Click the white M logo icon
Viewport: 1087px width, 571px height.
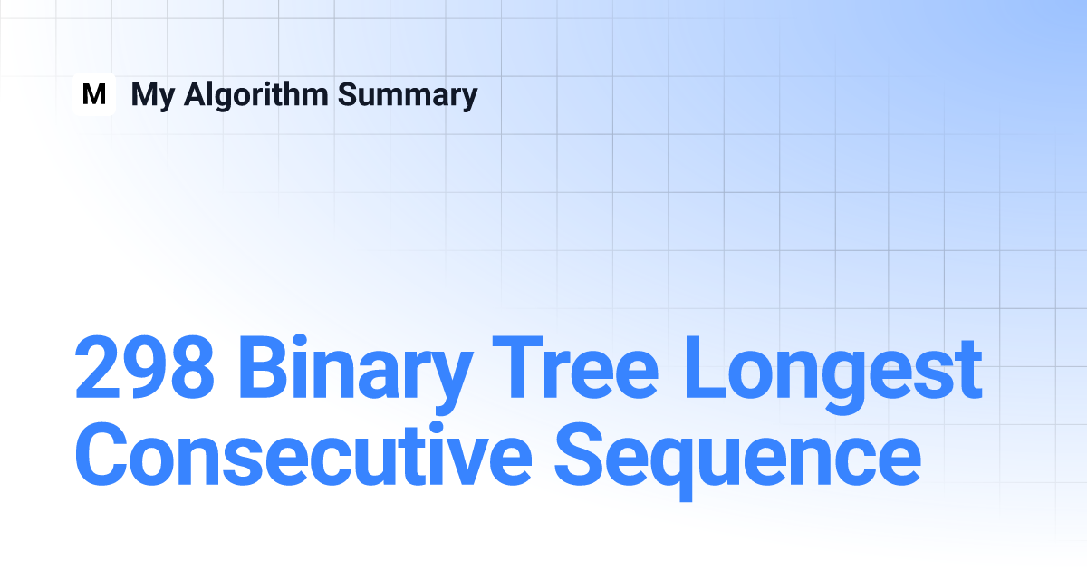[x=94, y=94]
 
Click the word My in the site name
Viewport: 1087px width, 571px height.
[x=153, y=96]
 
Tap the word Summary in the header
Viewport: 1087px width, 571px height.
[x=408, y=96]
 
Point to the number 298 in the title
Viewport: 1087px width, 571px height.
[x=145, y=367]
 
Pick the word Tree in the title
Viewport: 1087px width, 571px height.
[x=575, y=367]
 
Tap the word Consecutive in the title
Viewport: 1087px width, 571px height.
[x=303, y=453]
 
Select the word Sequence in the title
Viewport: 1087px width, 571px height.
[x=737, y=461]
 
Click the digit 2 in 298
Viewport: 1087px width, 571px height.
[x=98, y=366]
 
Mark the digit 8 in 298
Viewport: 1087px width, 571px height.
[x=192, y=367]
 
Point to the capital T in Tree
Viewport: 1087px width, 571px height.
[x=517, y=367]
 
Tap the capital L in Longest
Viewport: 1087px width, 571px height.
[x=705, y=367]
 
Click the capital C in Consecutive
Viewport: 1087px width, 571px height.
[x=101, y=454]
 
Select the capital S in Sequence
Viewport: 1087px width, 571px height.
[x=580, y=454]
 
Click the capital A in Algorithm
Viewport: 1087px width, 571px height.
[x=199, y=94]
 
